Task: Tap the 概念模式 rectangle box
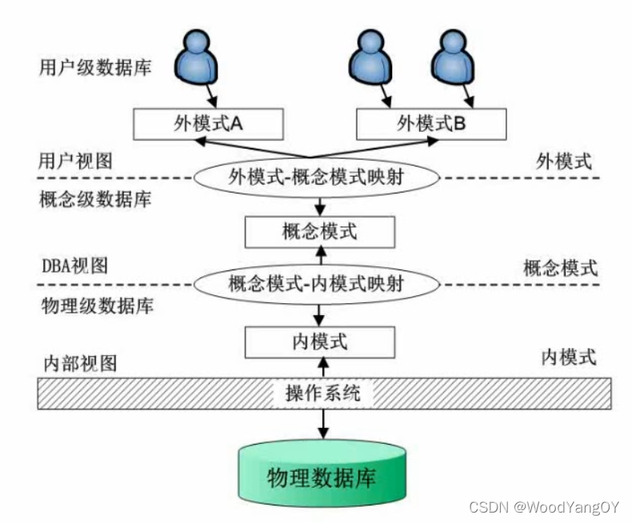click(320, 232)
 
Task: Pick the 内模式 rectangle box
click(320, 341)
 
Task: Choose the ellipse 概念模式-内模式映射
click(320, 282)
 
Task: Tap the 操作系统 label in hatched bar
click(322, 393)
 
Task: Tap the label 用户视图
click(75, 161)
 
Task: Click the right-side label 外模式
click(565, 161)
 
